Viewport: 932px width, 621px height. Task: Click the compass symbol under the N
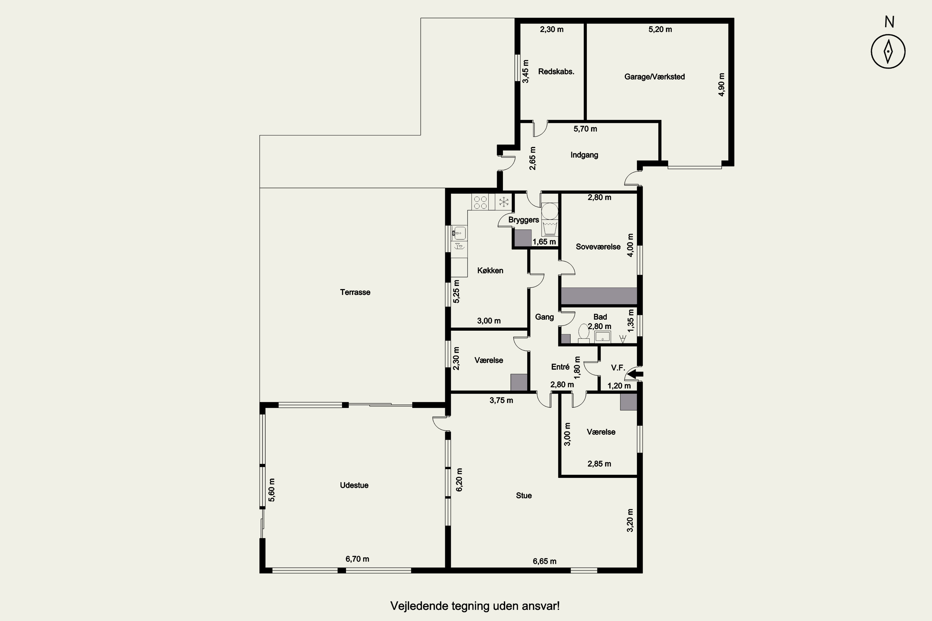(888, 52)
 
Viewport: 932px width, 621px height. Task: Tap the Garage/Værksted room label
(654, 77)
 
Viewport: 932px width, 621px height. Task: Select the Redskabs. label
(556, 72)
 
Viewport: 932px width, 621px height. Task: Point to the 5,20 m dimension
(660, 29)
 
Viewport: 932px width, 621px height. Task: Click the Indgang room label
(584, 155)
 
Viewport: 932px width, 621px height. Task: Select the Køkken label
(490, 271)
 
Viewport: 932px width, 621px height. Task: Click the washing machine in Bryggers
(550, 211)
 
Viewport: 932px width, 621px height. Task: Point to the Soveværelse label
(598, 247)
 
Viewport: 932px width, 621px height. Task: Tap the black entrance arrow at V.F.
(636, 374)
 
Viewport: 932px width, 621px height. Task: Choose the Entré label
(560, 367)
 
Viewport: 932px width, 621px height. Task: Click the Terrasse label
(355, 292)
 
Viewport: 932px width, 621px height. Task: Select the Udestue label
(354, 485)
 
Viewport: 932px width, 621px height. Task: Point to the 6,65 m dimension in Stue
(545, 561)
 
